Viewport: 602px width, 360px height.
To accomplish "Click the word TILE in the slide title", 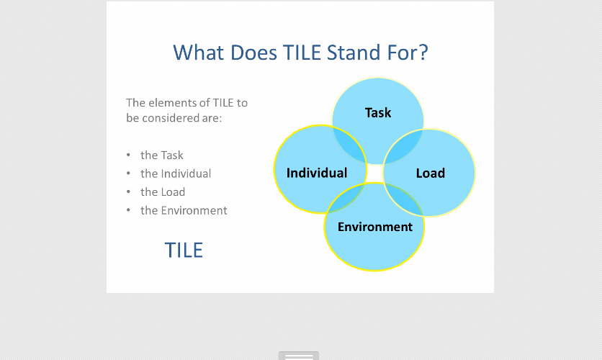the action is pyautogui.click(x=302, y=53).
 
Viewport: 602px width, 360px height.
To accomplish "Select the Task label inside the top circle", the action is pyautogui.click(x=378, y=113).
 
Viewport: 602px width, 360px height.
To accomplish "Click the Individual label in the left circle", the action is pyautogui.click(x=317, y=173).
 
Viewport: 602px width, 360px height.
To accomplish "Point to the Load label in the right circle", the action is pyautogui.click(x=431, y=174).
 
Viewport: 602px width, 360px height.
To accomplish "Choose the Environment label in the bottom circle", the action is pyautogui.click(x=375, y=227).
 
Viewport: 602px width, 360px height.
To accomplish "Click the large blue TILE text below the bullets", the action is pyautogui.click(x=184, y=251).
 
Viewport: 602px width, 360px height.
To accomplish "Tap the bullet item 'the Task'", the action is pyautogui.click(x=161, y=155).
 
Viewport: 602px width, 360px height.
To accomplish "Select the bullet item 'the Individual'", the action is pyautogui.click(x=176, y=174).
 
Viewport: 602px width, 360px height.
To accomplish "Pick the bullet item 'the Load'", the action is pyautogui.click(x=163, y=192).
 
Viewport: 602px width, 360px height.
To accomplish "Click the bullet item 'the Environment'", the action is pyautogui.click(x=184, y=210).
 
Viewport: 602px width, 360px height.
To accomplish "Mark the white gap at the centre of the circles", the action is pyautogui.click(x=374, y=173).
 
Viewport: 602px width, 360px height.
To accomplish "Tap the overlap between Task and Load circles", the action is pyautogui.click(x=404, y=147).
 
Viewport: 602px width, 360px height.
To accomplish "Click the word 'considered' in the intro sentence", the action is pyautogui.click(x=174, y=118).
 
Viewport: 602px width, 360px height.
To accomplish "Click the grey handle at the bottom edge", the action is pyautogui.click(x=299, y=356).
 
